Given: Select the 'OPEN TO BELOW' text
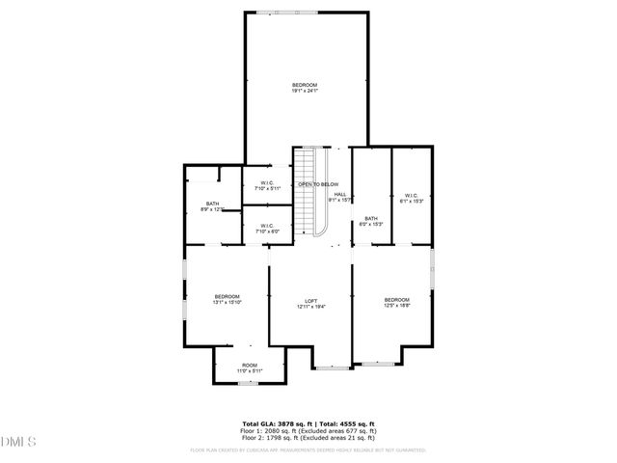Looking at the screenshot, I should (x=318, y=184).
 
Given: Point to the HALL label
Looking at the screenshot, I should (x=339, y=196).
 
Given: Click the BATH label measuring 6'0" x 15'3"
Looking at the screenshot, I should (x=371, y=221).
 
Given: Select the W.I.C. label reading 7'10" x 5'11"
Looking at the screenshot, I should (x=267, y=186).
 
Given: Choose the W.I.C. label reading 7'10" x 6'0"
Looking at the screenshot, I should (x=267, y=229).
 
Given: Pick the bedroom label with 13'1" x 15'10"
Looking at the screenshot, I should (x=228, y=299).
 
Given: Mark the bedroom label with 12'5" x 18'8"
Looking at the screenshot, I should (x=397, y=302).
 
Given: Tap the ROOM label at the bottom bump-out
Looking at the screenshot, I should (x=250, y=368).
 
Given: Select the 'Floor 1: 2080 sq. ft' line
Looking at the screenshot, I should (x=308, y=430).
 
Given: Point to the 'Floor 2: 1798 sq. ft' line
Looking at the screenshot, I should (x=308, y=438).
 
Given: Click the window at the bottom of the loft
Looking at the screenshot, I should (x=333, y=368).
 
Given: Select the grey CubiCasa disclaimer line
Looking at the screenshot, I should (x=308, y=449).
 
